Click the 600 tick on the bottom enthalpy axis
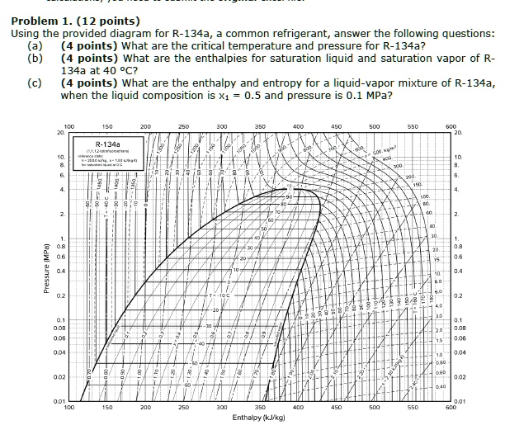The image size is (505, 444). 449,408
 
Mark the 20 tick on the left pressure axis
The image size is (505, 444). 60,133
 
